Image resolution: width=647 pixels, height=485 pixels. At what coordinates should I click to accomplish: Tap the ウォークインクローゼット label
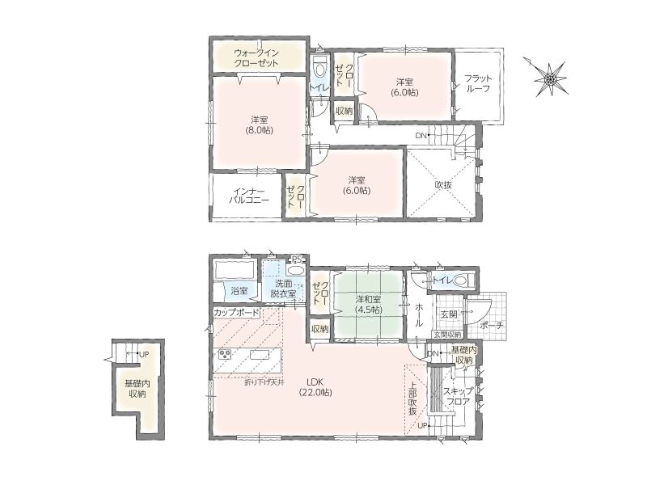click(256, 58)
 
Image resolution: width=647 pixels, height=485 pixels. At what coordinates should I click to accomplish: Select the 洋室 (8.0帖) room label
click(260, 125)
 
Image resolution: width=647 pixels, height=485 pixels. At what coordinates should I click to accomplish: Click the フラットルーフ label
click(478, 83)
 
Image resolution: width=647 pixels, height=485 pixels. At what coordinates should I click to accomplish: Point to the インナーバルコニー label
click(249, 196)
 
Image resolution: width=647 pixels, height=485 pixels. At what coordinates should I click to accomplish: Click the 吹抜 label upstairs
click(443, 185)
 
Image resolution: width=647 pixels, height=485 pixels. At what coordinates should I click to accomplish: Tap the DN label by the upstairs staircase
click(421, 135)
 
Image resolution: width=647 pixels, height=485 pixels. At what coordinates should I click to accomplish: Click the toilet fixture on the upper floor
click(319, 69)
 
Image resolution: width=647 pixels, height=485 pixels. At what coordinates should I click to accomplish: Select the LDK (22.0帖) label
click(315, 387)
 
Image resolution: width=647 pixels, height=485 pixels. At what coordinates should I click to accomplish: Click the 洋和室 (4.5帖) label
click(368, 305)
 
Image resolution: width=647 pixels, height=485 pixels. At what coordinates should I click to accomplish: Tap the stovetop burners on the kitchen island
click(226, 355)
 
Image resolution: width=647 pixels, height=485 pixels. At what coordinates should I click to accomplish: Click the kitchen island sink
click(259, 355)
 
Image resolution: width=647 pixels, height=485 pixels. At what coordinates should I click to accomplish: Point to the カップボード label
click(236, 313)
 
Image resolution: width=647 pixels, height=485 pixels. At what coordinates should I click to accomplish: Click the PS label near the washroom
click(297, 259)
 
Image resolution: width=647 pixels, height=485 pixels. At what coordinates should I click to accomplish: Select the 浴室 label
click(239, 291)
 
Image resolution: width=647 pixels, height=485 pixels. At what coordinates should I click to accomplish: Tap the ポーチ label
click(492, 326)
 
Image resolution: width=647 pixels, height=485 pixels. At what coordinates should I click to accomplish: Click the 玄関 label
click(449, 314)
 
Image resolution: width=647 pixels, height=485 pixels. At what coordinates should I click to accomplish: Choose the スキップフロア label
click(458, 396)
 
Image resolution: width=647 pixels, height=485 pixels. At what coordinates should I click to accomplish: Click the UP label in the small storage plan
click(144, 354)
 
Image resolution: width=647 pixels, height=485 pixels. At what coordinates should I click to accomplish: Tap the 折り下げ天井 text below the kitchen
click(264, 382)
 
